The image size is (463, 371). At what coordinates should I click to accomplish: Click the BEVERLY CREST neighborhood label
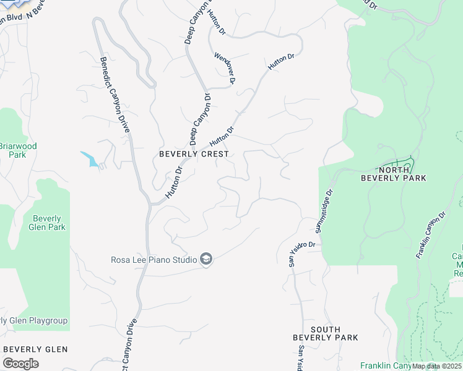tap(194, 154)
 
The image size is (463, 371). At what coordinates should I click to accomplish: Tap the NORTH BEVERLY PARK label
tap(402, 174)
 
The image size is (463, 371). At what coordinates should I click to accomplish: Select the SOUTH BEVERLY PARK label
tap(326, 333)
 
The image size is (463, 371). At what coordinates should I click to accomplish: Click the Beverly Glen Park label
tap(47, 223)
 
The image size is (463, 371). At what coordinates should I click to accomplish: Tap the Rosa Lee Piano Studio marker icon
tap(207, 260)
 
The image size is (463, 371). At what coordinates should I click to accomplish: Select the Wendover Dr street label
tap(225, 67)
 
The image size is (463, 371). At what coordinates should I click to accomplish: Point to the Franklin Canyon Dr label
tap(431, 235)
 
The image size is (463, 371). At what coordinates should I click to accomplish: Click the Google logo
tap(20, 364)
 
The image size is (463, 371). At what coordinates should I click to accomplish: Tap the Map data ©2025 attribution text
tap(436, 366)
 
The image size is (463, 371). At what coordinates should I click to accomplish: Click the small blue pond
tap(89, 159)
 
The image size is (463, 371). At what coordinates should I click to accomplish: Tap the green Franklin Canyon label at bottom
tap(384, 366)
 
